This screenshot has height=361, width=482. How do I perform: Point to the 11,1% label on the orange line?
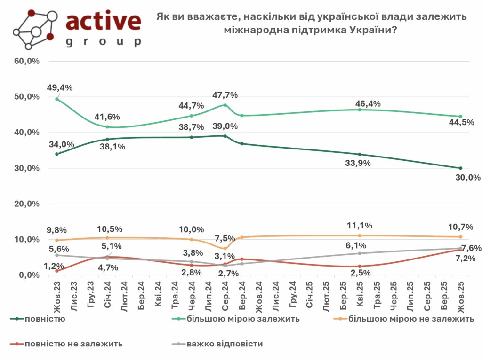pos(360,225)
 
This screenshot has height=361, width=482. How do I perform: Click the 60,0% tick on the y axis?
pos(27,61)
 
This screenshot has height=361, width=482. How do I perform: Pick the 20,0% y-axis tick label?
pos(27,204)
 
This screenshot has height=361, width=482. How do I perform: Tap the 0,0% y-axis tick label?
pos(29,275)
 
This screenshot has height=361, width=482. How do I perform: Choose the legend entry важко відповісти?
pos(225,344)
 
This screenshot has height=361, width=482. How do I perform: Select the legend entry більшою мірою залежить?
pos(243,319)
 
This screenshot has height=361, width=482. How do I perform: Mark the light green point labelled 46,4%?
pos(360,110)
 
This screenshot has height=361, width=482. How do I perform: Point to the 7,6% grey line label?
pos(470,248)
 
